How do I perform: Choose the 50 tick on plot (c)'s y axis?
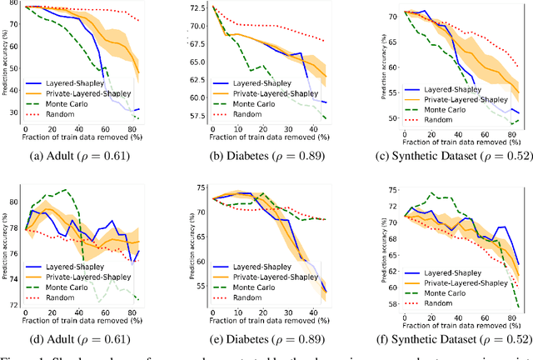click(379, 119)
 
